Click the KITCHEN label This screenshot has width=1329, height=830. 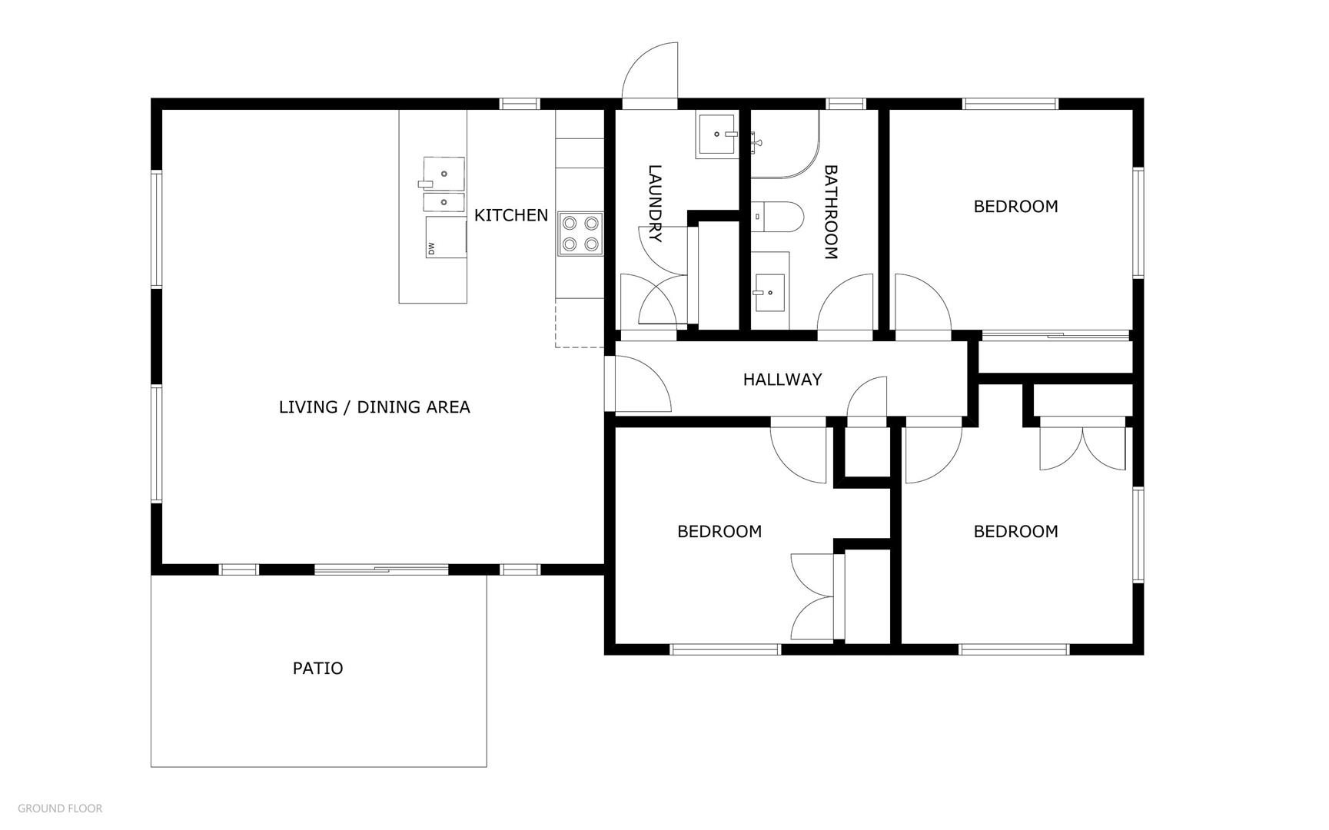[511, 215]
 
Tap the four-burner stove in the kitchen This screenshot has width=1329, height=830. [580, 234]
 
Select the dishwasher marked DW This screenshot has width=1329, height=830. [446, 237]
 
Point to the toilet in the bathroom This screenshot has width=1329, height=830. [776, 216]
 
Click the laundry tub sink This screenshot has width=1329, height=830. [717, 134]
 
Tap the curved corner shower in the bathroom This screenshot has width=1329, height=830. [785, 144]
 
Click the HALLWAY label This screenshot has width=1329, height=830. [782, 380]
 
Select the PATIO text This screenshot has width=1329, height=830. [318, 669]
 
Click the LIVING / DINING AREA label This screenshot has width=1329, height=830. [374, 407]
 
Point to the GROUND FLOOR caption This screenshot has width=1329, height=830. [60, 808]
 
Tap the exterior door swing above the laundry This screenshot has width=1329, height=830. [650, 71]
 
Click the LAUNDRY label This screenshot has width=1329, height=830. [655, 204]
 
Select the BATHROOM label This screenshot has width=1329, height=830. [831, 212]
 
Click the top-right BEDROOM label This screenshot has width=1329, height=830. [1016, 207]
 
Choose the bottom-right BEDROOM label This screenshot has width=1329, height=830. [1016, 532]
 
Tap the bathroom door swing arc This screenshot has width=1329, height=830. [846, 303]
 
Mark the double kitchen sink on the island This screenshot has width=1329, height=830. [444, 184]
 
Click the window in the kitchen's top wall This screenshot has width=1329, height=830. [520, 104]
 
